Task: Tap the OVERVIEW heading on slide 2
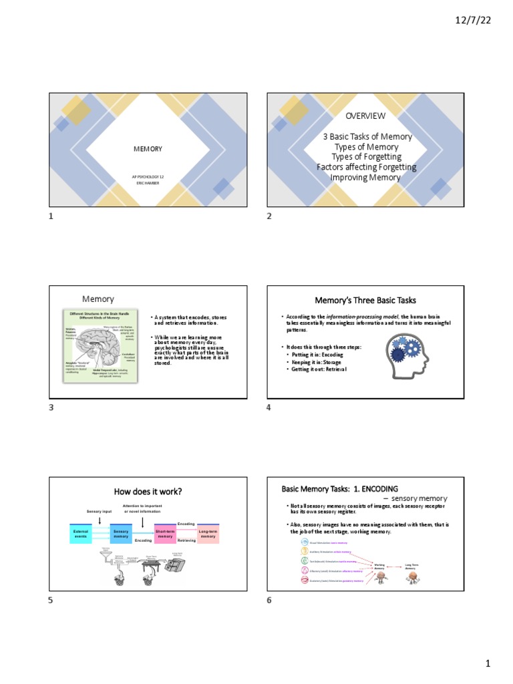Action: coord(365,116)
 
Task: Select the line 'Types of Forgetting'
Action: coord(366,157)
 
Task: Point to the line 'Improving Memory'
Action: coord(365,178)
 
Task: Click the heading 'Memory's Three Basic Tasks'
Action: coord(365,301)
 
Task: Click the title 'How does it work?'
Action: coord(148,492)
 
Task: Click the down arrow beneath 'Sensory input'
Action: coord(99,520)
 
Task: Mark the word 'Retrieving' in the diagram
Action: coord(186,540)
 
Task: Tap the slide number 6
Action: coord(269,601)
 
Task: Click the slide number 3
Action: coord(50,408)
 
